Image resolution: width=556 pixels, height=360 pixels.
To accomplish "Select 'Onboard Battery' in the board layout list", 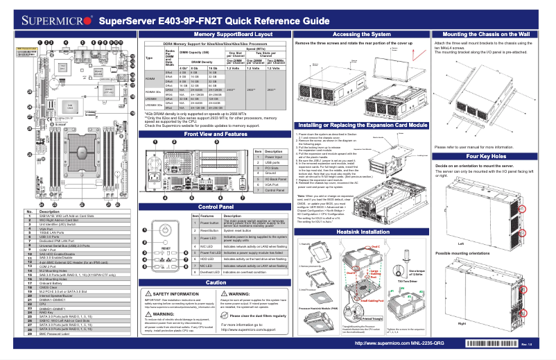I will [x=52, y=283].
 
